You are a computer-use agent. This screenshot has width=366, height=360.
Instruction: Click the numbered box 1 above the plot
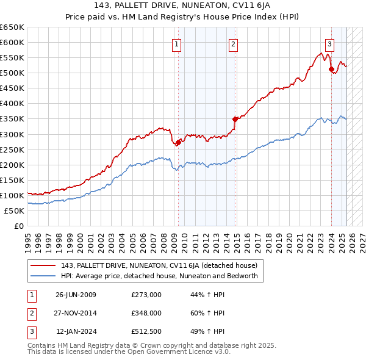[x=176, y=43]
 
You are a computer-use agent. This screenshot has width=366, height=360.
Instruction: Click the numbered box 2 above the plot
[x=234, y=43]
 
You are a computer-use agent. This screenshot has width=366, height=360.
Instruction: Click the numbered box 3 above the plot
[x=329, y=43]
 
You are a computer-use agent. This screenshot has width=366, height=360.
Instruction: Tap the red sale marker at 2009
[x=178, y=142]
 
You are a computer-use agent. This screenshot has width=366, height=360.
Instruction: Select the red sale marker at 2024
[x=331, y=69]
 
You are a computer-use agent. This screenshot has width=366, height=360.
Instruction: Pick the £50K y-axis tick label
[x=14, y=211]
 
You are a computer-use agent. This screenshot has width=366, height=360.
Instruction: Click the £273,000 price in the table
[x=146, y=295]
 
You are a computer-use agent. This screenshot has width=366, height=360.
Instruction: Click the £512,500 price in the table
[x=146, y=331]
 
